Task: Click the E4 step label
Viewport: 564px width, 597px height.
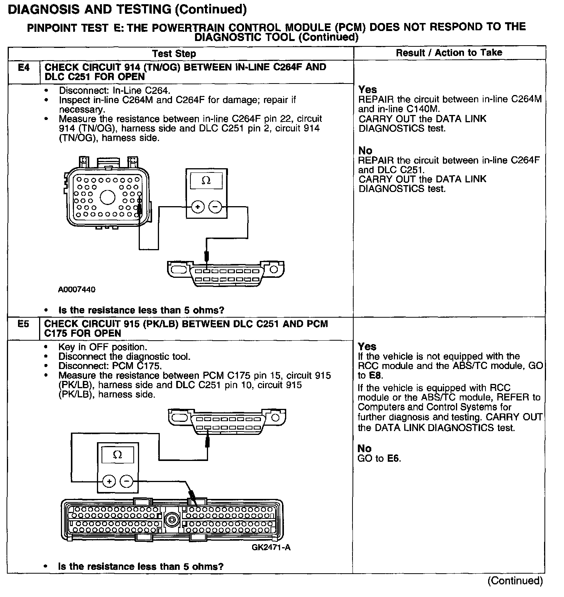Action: [23, 68]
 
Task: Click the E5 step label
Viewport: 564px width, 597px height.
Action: [23, 324]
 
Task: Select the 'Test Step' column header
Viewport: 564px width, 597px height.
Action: [174, 54]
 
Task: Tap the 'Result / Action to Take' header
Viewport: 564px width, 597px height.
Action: [449, 52]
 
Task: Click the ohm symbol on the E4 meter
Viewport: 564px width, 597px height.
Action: [206, 180]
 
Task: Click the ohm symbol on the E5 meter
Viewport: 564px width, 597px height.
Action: [118, 455]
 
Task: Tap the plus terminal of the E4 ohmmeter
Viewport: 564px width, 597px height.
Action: [198, 207]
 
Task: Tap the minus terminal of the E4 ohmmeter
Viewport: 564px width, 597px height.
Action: [215, 207]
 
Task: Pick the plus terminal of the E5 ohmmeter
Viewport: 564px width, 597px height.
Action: [109, 481]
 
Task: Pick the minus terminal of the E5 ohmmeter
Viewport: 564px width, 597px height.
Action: [127, 481]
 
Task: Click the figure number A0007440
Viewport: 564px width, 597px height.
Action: [77, 289]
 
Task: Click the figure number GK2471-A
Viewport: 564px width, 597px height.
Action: [271, 547]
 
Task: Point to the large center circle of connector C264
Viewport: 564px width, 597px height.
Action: [108, 197]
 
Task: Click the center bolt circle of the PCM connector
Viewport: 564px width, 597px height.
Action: [171, 520]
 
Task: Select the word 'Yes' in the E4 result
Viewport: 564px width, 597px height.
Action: [368, 90]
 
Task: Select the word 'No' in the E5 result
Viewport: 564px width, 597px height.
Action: [364, 448]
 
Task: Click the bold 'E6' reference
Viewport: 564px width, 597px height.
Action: [393, 458]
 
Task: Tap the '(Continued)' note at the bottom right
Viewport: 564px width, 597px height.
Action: [515, 581]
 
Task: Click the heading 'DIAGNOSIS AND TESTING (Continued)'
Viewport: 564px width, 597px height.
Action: [127, 9]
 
